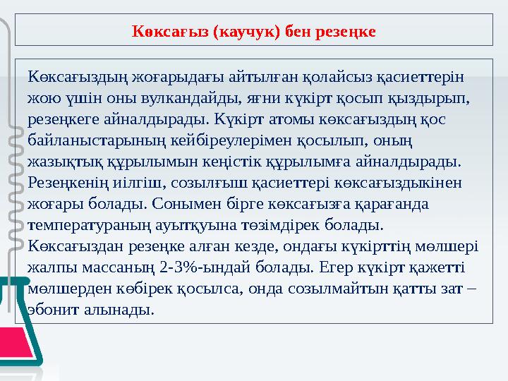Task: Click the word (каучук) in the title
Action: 244,32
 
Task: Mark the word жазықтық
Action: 61,160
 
